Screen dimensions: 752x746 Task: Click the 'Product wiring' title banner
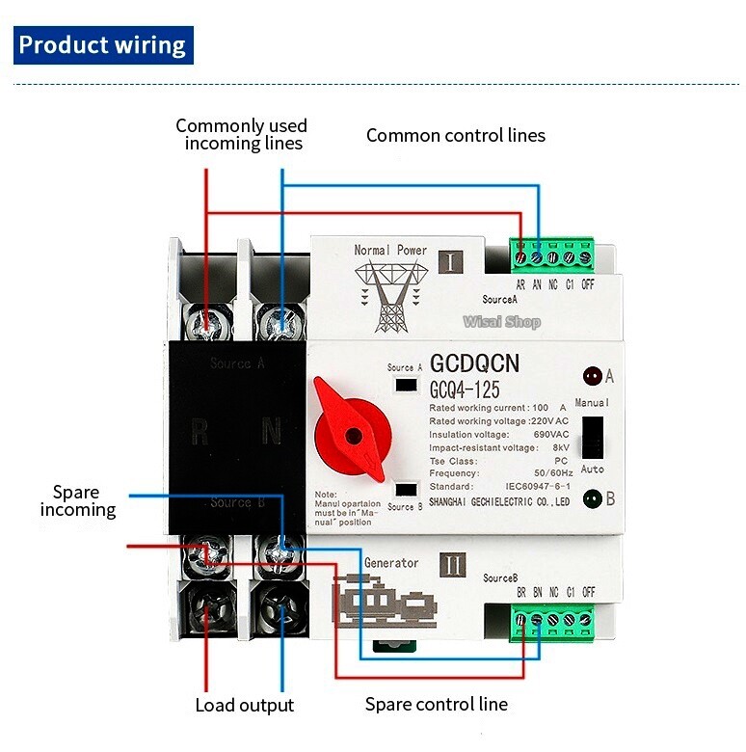pyautogui.click(x=102, y=45)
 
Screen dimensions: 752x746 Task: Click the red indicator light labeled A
pyautogui.click(x=589, y=376)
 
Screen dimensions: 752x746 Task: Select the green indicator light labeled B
pyautogui.click(x=589, y=498)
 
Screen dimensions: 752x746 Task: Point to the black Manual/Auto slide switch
pyautogui.click(x=594, y=437)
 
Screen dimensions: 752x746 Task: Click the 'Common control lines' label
pyautogui.click(x=455, y=135)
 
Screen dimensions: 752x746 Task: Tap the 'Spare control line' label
pyautogui.click(x=436, y=704)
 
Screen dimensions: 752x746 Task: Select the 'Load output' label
pyautogui.click(x=244, y=705)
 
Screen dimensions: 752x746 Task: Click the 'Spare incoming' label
pyautogui.click(x=78, y=500)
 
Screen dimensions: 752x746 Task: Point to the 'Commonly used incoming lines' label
pyautogui.click(x=242, y=135)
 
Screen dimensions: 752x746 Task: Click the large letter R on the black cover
pyautogui.click(x=199, y=432)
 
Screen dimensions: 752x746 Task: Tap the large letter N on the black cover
pyautogui.click(x=272, y=432)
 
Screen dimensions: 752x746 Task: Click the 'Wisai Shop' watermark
pyautogui.click(x=501, y=322)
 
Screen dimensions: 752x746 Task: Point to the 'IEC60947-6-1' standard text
pyautogui.click(x=539, y=488)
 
